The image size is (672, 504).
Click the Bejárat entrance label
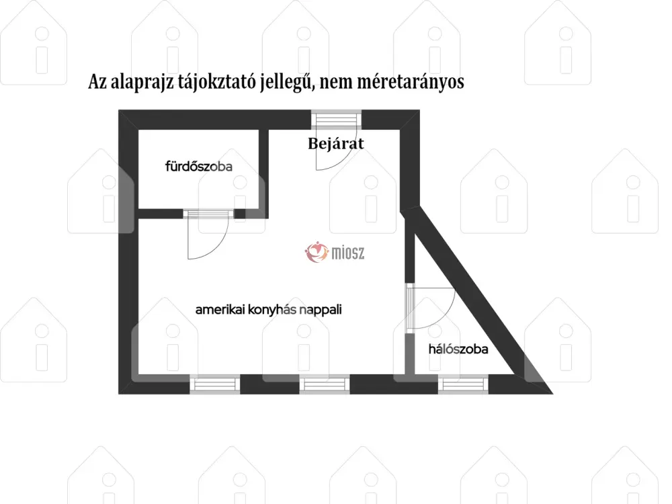[335, 144]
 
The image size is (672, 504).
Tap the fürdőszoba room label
[199, 166]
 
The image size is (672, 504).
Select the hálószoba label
[458, 349]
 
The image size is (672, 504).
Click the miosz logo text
[348, 253]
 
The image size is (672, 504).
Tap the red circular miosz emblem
[317, 252]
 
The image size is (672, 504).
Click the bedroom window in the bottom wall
[463, 384]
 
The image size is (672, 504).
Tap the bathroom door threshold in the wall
[209, 214]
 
